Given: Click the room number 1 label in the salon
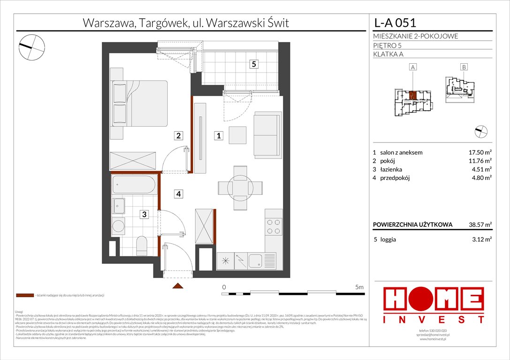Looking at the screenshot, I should click(219, 136).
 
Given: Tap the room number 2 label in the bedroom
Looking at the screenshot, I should click(178, 136).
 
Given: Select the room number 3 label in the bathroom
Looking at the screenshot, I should click(145, 214).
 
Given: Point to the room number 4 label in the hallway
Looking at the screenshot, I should click(178, 193).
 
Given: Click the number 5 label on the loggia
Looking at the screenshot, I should click(253, 65).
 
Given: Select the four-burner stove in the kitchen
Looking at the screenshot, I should click(274, 227).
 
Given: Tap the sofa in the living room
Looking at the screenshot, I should click(268, 128).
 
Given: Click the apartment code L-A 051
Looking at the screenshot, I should click(394, 22).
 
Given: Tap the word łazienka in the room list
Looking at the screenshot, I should click(391, 169).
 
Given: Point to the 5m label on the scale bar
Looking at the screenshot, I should click(360, 286).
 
